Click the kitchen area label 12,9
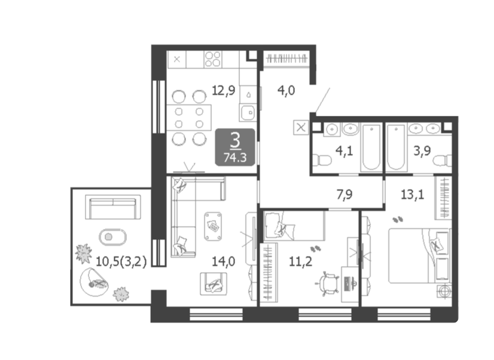(223, 91)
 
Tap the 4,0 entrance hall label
(286, 91)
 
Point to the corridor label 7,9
(344, 194)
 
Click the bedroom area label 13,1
(412, 194)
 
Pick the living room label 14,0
(223, 261)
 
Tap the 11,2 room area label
(301, 261)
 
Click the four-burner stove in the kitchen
(212, 59)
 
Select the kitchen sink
(248, 113)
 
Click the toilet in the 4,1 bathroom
(322, 160)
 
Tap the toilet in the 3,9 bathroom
(442, 161)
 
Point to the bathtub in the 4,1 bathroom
(371, 147)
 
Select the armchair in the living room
(214, 284)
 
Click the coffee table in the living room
(213, 226)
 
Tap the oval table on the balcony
(113, 237)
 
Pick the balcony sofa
(113, 207)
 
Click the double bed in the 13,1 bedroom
(419, 255)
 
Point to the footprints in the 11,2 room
(316, 250)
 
